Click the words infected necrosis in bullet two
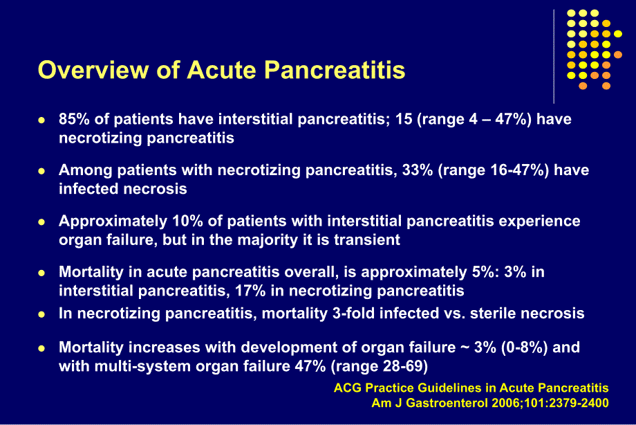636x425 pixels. [x=123, y=188]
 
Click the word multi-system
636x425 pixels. [x=137, y=366]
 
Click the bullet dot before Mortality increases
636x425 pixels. [x=41, y=348]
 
